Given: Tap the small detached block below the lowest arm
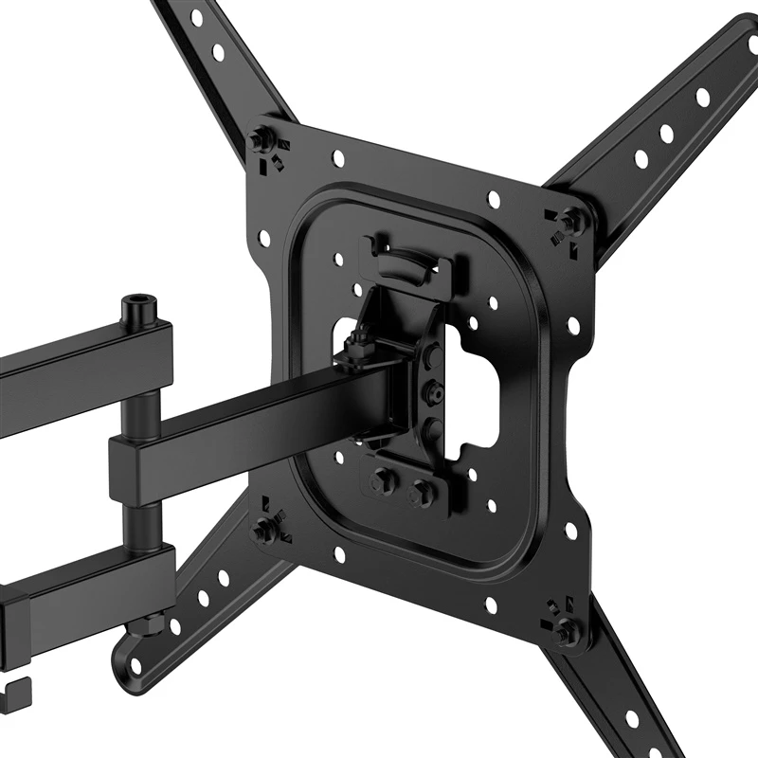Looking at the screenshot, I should click(17, 690).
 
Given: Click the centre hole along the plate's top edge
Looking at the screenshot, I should click(494, 197).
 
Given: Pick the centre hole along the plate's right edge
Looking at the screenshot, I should click(572, 326).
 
